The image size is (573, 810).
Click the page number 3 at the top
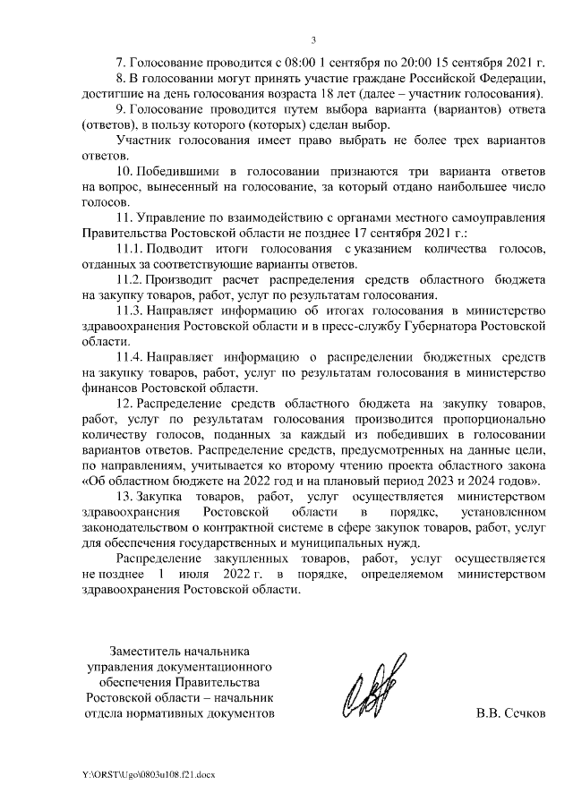click(313, 39)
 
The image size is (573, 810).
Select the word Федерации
click(509, 81)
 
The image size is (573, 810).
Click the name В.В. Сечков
click(510, 714)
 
